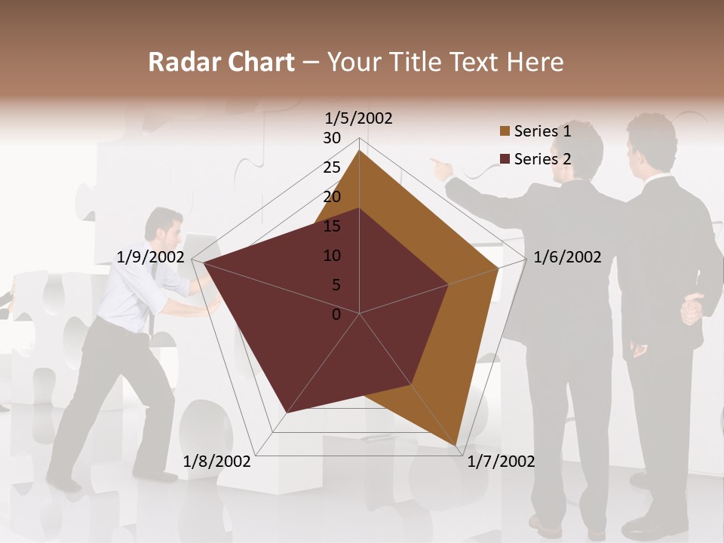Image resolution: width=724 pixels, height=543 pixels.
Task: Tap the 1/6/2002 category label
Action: click(567, 257)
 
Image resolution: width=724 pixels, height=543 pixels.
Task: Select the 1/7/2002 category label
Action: click(501, 461)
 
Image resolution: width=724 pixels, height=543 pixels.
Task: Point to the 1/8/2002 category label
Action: click(217, 461)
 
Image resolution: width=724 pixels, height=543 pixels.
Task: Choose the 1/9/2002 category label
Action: click(151, 257)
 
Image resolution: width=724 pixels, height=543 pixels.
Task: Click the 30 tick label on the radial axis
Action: click(332, 138)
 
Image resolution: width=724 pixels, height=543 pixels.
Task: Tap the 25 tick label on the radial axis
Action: click(332, 167)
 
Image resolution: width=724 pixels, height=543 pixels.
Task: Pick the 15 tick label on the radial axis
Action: click(332, 226)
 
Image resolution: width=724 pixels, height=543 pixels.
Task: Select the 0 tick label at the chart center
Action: click(336, 314)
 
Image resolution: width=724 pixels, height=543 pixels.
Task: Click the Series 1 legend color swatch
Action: click(505, 131)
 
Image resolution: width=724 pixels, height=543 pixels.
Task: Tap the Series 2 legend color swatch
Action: click(505, 159)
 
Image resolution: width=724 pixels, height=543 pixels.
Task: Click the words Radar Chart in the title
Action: click(221, 62)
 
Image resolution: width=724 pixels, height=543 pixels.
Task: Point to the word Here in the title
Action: click(535, 62)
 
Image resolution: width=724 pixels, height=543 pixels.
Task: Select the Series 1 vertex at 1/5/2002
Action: click(359, 151)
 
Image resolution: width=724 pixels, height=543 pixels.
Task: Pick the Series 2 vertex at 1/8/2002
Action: click(287, 413)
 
